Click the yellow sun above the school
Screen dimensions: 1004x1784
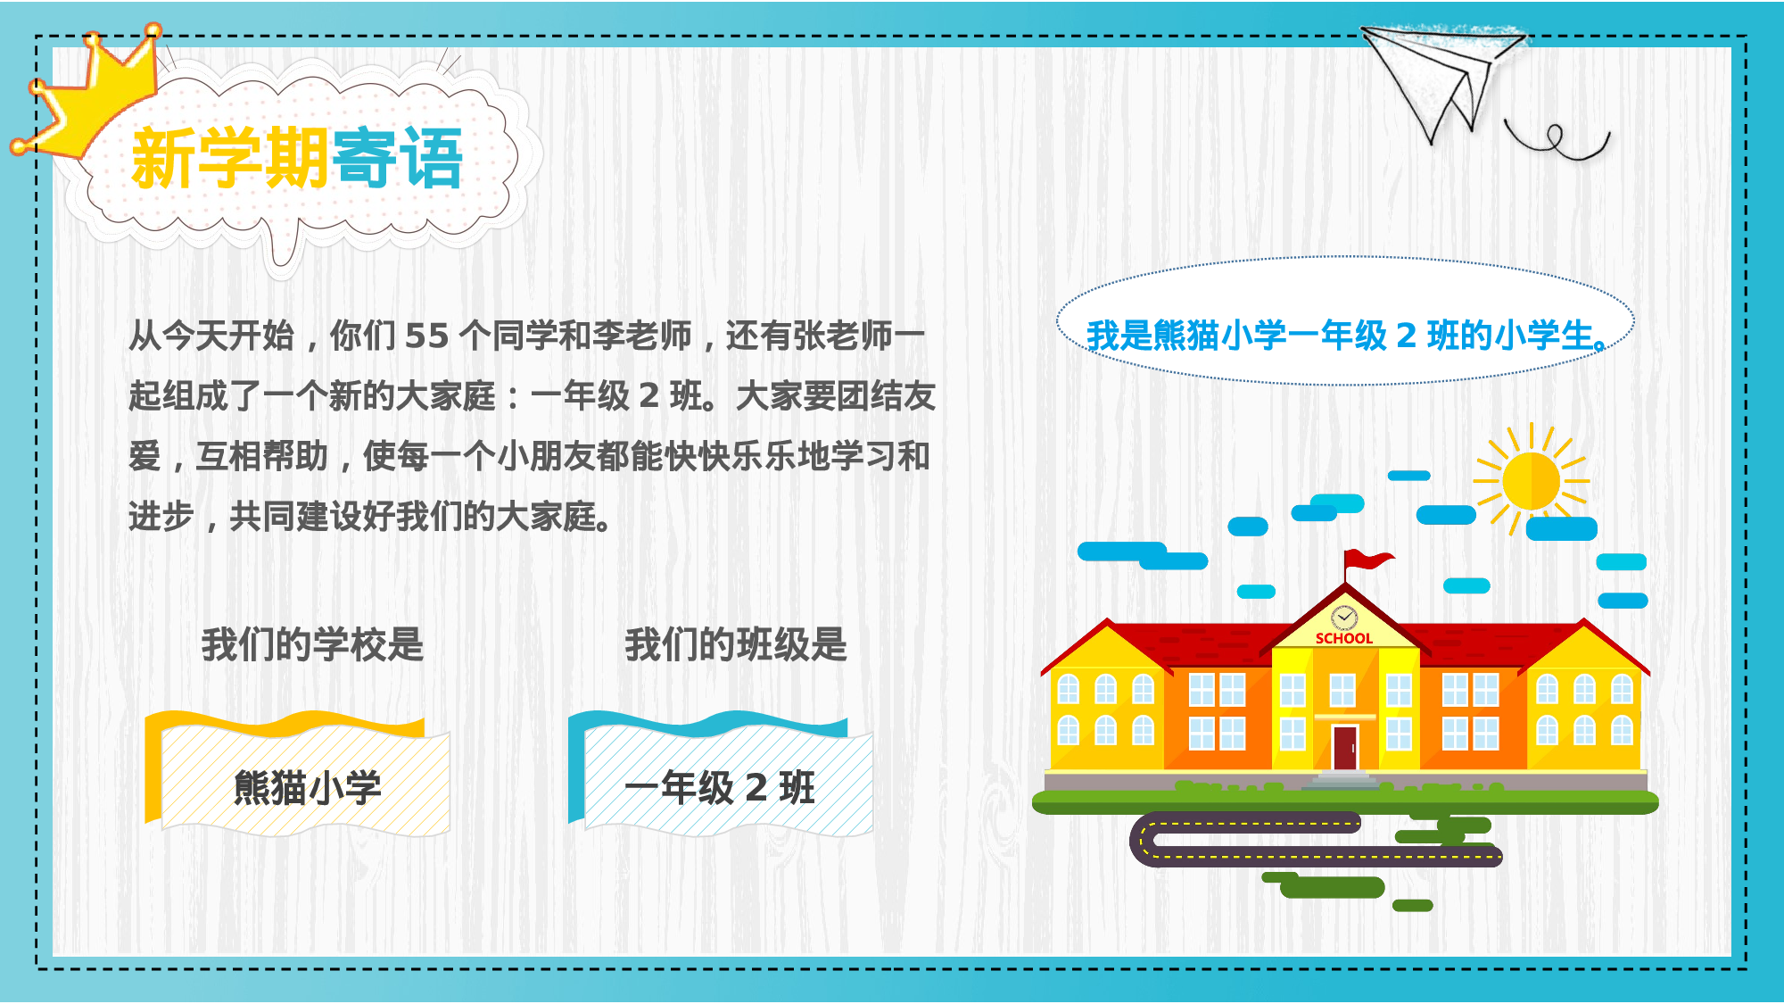[x=1531, y=481]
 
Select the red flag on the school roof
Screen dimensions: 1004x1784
[x=1367, y=561]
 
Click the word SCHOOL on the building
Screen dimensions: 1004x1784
[x=1343, y=638]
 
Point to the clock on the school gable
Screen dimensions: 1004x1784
[x=1343, y=618]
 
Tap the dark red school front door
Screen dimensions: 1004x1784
[x=1344, y=747]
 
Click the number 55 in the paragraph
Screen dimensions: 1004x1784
[x=426, y=336]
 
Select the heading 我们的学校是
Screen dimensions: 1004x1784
[x=312, y=644]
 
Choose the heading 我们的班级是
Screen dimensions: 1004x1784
[x=736, y=644]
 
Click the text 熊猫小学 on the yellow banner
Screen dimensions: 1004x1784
[x=307, y=788]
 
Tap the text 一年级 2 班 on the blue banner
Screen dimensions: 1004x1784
[x=720, y=788]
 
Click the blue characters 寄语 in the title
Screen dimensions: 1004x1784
[x=398, y=158]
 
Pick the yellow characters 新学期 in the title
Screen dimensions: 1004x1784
[x=230, y=158]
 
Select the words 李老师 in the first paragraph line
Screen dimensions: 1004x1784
[x=641, y=336]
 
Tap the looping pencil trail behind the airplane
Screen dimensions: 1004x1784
[x=1557, y=141]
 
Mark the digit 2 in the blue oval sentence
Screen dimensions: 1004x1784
[x=1407, y=336]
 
